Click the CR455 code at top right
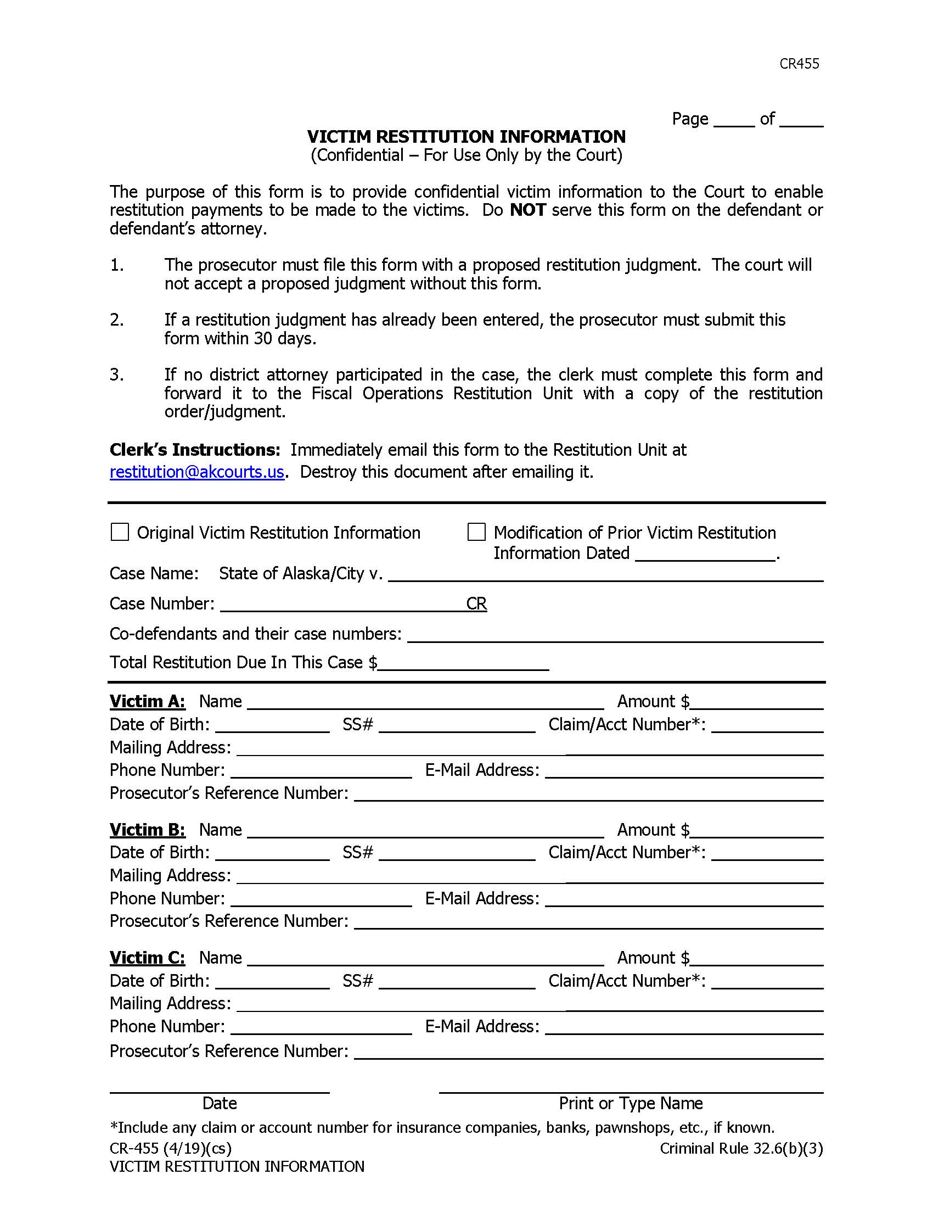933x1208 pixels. click(799, 64)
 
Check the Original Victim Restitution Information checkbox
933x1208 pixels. click(120, 532)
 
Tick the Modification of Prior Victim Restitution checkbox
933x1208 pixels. click(476, 532)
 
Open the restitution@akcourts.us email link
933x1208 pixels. click(197, 472)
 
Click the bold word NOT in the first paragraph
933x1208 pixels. click(527, 210)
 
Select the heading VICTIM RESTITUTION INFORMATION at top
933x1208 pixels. click(466, 137)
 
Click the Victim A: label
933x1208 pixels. click(147, 701)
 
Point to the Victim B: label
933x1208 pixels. click(147, 830)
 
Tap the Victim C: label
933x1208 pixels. click(147, 958)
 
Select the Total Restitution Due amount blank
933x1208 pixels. click(463, 664)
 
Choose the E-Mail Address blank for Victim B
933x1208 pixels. click(684, 899)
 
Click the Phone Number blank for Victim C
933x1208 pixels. click(321, 1027)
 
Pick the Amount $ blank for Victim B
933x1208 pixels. click(756, 831)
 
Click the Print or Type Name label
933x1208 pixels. click(630, 1104)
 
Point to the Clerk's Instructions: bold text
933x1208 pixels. click(195, 450)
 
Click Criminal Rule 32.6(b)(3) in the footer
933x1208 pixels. click(741, 1149)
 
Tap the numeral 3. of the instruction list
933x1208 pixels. click(116, 375)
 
